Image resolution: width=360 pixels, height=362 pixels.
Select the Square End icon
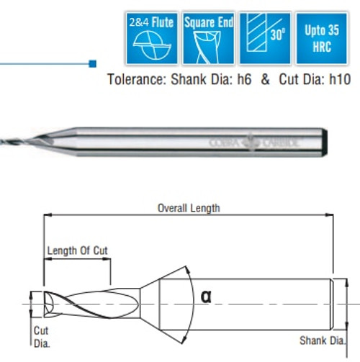click(209, 37)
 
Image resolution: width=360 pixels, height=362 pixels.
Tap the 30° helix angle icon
click(265, 37)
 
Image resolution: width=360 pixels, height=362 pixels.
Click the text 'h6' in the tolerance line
click(242, 80)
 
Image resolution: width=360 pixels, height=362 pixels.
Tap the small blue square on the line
click(92, 63)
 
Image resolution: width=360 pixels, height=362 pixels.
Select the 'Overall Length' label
click(189, 208)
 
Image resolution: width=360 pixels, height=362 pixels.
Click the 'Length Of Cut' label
click(77, 250)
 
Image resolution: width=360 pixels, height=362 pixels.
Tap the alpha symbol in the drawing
click(205, 297)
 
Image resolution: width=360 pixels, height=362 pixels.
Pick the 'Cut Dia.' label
click(42, 336)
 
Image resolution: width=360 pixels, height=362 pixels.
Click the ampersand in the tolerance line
click(265, 80)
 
